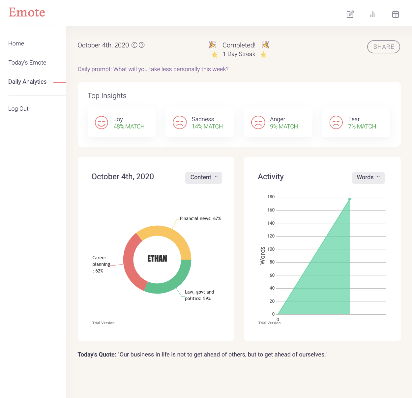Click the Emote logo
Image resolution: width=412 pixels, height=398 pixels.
[x=27, y=13]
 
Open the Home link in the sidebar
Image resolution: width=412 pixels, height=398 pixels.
[x=16, y=43]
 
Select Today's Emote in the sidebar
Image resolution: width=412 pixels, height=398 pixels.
[x=27, y=63]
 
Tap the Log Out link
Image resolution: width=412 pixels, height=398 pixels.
[x=18, y=109]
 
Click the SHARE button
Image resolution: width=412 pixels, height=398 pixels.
[x=383, y=47]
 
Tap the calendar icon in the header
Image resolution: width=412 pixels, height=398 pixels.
[x=396, y=14]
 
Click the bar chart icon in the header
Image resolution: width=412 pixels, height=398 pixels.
[x=373, y=14]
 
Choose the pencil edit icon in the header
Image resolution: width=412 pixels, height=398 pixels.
[x=350, y=14]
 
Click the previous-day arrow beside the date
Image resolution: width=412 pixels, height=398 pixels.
[x=134, y=45]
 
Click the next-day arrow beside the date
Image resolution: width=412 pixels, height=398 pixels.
[x=142, y=45]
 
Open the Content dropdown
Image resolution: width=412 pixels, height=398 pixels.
[x=204, y=178]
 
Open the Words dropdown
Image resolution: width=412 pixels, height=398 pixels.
[x=368, y=178]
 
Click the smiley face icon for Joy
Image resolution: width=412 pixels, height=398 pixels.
[x=102, y=123]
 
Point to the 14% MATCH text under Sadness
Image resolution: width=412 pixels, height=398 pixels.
[x=207, y=127]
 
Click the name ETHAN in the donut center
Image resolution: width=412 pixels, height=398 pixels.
[x=157, y=259]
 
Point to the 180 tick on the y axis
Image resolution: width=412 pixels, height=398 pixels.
[x=271, y=197]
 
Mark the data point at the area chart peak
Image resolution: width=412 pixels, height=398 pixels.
[x=350, y=199]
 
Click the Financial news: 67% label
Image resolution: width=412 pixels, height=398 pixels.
[x=200, y=218]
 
